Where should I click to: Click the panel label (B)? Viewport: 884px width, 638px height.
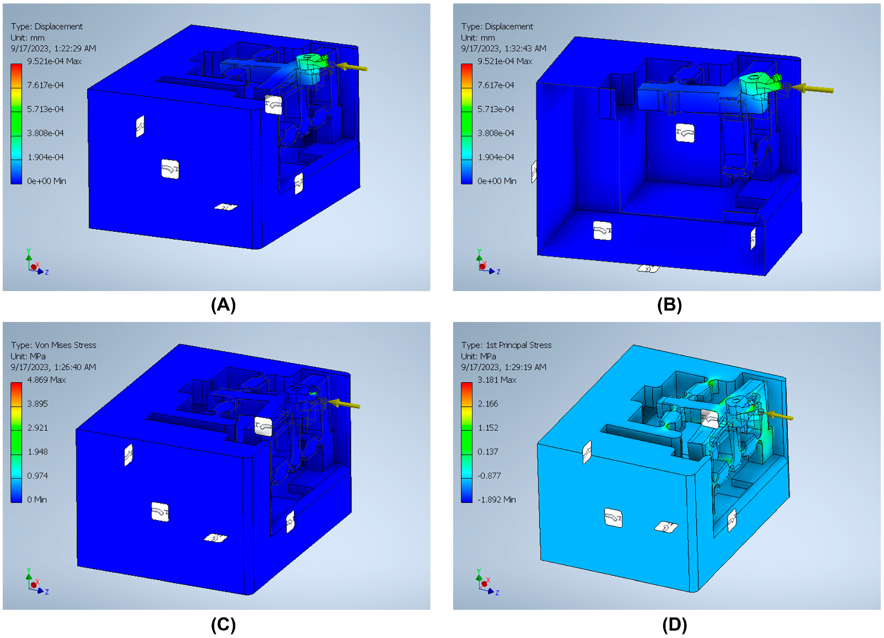tap(669, 305)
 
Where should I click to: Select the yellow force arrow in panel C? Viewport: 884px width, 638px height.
tap(344, 404)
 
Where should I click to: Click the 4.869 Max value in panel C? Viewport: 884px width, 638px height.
tap(47, 379)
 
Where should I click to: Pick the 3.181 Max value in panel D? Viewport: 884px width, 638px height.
tap(497, 379)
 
